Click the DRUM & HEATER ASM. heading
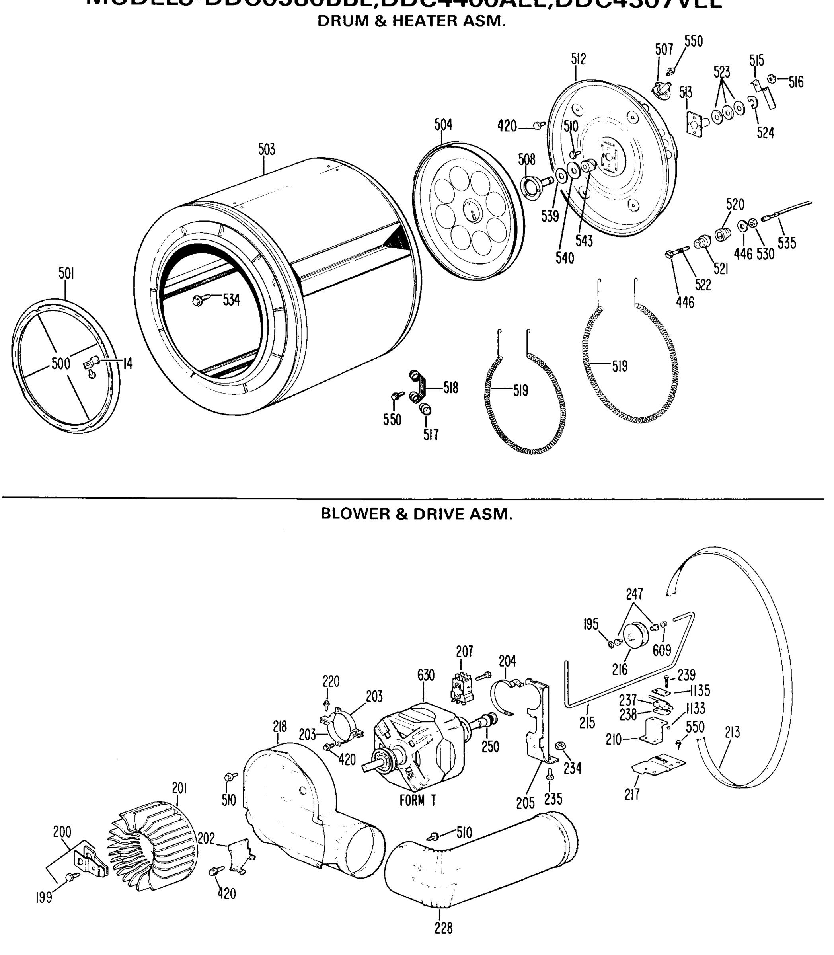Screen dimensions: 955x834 tap(411, 21)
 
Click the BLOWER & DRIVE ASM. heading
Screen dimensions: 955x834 tap(417, 514)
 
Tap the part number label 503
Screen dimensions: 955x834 tap(267, 150)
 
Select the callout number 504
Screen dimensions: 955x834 tap(443, 125)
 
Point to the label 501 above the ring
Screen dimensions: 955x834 tap(66, 274)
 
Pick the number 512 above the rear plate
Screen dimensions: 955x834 tap(579, 59)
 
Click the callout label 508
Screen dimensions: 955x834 tap(527, 160)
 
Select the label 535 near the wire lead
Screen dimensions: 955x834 tap(787, 243)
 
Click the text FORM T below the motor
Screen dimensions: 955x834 tap(417, 801)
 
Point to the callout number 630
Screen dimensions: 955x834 tap(425, 676)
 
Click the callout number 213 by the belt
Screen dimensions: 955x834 tap(732, 733)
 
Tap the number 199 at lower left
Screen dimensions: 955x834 tap(44, 898)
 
